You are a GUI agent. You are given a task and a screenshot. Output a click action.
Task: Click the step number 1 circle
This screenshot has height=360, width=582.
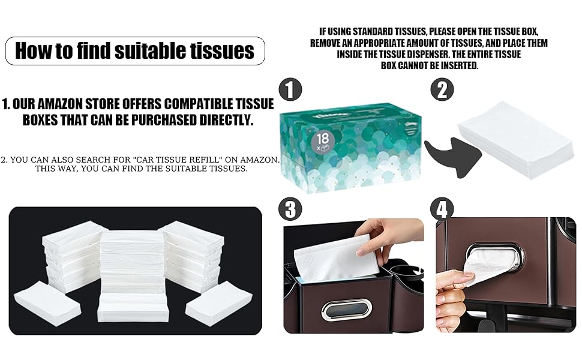pyautogui.click(x=290, y=91)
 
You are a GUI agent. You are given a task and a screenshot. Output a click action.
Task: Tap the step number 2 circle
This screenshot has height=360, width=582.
pyautogui.click(x=442, y=91)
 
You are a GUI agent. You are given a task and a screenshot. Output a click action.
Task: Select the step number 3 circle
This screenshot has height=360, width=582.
pyautogui.click(x=290, y=209)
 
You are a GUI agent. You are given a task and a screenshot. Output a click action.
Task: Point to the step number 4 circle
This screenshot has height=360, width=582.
pyautogui.click(x=442, y=209)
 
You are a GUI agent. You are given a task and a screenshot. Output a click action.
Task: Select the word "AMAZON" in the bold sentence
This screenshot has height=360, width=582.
pyautogui.click(x=82, y=104)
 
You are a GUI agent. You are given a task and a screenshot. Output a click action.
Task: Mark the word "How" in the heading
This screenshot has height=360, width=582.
pyautogui.click(x=35, y=50)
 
